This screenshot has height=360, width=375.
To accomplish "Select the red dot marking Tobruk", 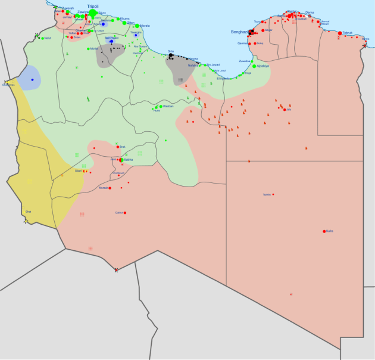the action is [340, 33].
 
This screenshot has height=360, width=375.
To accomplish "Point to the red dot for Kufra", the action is [324, 231].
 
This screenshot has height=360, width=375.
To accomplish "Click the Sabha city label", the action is [128, 160].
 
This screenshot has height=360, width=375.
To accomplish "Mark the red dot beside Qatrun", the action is [125, 213].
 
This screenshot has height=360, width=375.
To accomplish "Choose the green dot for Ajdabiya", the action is [254, 66].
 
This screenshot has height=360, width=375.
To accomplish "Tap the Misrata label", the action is [144, 26].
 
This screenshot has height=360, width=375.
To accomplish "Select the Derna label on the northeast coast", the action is [310, 13].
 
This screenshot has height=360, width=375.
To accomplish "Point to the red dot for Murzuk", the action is [111, 188].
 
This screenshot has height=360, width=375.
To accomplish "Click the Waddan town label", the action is [167, 106].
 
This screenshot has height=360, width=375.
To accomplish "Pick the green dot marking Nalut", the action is [42, 38].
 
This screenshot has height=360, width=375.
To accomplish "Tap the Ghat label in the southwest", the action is [27, 212].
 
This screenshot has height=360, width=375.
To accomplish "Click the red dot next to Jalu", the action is [284, 110].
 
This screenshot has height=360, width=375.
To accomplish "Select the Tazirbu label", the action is [267, 194].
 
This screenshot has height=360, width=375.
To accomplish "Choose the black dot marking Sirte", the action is [171, 56].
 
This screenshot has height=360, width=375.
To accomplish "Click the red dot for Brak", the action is [117, 147].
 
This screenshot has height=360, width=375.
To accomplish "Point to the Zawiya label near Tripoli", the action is [83, 12].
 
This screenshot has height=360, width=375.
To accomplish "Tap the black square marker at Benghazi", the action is [252, 32].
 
